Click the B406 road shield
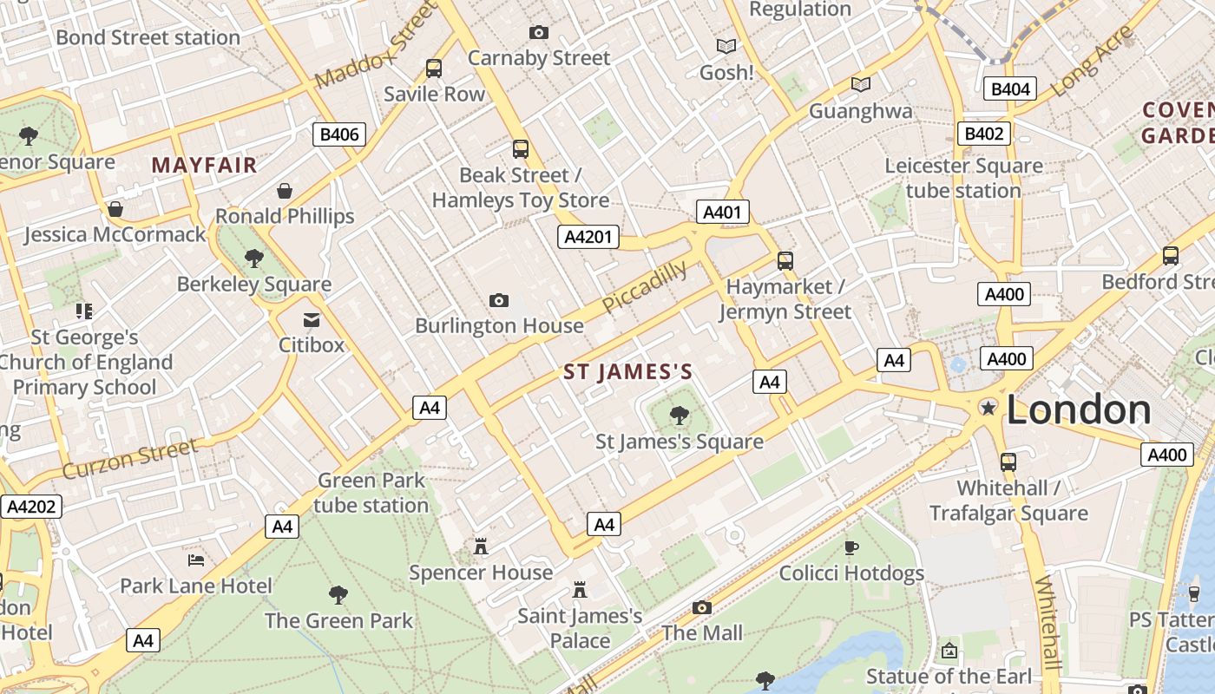[338, 134]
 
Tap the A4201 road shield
[588, 237]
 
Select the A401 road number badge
[722, 213]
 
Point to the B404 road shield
[1010, 88]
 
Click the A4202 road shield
[31, 507]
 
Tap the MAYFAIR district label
[205, 165]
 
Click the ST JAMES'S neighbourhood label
[628, 373]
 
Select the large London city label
[1079, 409]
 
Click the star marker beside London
[988, 407]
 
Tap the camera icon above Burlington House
[499, 300]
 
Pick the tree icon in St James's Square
[680, 416]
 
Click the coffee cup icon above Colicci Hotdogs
[851, 547]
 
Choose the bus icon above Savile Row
[434, 68]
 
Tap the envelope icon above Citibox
[311, 320]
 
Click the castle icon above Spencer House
[480, 546]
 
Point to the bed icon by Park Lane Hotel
[196, 560]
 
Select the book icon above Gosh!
[726, 46]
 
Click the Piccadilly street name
[645, 286]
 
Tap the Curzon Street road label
[130, 459]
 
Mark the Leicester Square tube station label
[963, 178]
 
